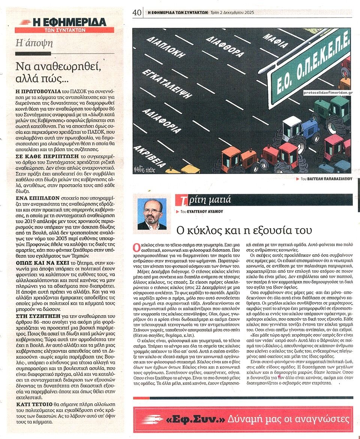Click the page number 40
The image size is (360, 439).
137,12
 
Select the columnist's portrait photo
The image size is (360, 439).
152,213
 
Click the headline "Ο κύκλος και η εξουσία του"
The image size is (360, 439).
244,230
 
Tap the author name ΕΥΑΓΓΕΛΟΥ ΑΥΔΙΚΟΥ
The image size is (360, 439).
205,211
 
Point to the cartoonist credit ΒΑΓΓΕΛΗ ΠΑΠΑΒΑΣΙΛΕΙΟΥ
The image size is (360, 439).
326,179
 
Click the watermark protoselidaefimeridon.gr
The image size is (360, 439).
328,92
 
